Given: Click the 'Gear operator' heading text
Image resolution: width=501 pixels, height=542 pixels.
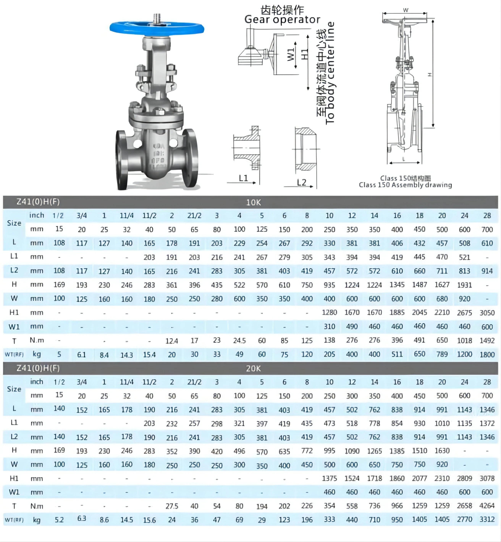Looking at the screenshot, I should [282, 19].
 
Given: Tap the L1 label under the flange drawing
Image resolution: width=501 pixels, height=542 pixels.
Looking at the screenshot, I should [243, 178].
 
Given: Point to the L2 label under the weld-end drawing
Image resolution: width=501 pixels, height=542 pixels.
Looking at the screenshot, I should [301, 182].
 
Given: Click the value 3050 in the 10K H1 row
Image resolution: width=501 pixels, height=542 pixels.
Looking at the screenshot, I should [487, 313].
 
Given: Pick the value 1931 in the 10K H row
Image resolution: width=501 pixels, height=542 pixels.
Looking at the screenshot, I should [464, 285].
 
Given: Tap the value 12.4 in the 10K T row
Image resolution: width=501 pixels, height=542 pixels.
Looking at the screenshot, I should [172, 341].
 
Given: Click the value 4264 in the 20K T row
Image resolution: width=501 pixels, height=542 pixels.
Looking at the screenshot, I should [487, 506].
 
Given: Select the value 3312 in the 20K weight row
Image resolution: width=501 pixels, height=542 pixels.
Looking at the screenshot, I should [487, 519].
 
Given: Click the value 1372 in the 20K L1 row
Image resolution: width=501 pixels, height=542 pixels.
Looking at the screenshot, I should [487, 423].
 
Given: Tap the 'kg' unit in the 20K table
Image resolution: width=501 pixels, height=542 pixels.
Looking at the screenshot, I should [37, 520].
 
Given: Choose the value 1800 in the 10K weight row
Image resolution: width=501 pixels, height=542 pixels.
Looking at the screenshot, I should [487, 355].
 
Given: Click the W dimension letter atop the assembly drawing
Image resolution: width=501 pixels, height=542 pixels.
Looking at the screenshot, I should [406, 10].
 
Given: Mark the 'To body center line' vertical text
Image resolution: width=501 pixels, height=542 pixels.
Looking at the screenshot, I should [330, 73].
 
